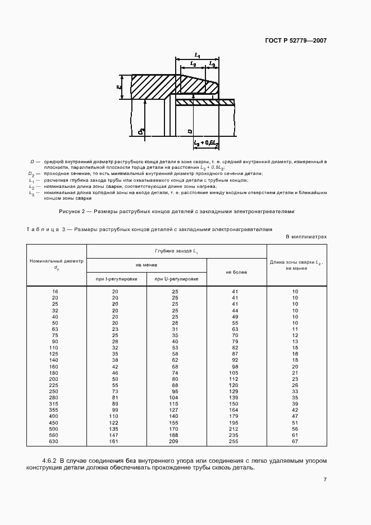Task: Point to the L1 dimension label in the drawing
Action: tap(198, 54)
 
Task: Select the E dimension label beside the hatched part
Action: tap(119, 87)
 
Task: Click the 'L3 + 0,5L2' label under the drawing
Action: tap(205, 144)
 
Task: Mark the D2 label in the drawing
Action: tap(141, 132)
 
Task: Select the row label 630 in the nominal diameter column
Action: tap(55, 441)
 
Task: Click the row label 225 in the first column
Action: tap(55, 386)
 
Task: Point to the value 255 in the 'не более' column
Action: tap(235, 441)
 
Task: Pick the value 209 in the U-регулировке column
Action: tap(175, 441)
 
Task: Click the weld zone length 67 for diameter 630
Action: tap(295, 441)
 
